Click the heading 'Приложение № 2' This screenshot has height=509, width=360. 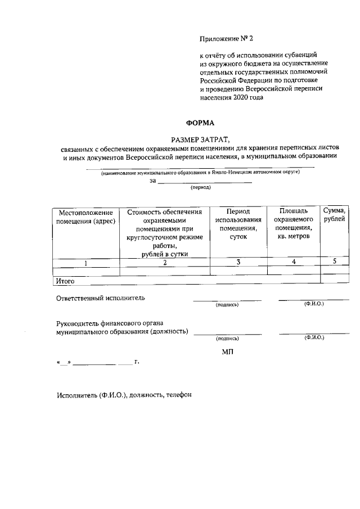click(x=227, y=39)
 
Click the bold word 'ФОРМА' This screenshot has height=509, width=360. click(x=200, y=123)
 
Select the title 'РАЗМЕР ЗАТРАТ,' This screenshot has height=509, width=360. click(x=200, y=138)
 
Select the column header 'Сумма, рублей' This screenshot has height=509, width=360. click(x=335, y=214)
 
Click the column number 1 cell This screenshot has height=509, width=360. click(x=85, y=262)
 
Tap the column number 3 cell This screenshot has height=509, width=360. click(x=238, y=262)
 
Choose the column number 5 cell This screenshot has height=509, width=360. click(x=335, y=261)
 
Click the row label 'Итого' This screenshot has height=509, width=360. click(x=65, y=280)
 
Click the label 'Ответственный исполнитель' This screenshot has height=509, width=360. click(x=101, y=298)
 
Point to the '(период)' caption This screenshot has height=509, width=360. click(x=201, y=188)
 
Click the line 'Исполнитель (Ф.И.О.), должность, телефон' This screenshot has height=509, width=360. click(x=124, y=395)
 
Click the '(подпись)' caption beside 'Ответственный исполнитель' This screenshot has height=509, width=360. click(x=227, y=305)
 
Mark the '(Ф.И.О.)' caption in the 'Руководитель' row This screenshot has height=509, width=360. click(x=313, y=337)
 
